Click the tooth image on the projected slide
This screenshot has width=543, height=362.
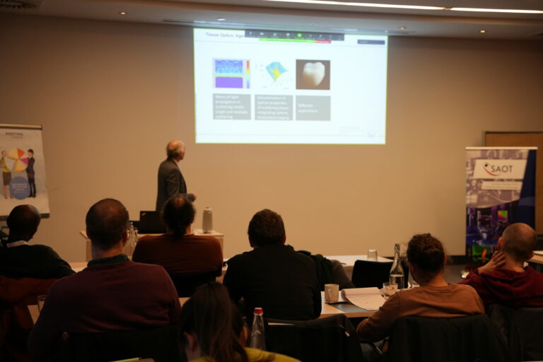click(313, 74)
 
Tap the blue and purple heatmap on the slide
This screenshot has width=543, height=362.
click(231, 74)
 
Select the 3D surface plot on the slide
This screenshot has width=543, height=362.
click(275, 72)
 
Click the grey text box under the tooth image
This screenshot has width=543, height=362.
click(313, 107)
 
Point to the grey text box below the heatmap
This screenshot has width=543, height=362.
click(232, 107)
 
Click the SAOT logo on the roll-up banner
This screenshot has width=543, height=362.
click(500, 169)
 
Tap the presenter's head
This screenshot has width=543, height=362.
click(175, 149)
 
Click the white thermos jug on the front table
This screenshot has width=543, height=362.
click(207, 220)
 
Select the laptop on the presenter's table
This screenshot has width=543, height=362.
click(151, 222)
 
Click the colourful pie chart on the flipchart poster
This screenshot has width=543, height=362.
click(17, 160)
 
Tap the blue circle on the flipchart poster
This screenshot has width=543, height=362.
click(19, 187)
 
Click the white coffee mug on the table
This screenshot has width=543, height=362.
click(331, 292)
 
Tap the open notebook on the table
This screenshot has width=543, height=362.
click(364, 298)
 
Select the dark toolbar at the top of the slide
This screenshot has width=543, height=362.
click(294, 34)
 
